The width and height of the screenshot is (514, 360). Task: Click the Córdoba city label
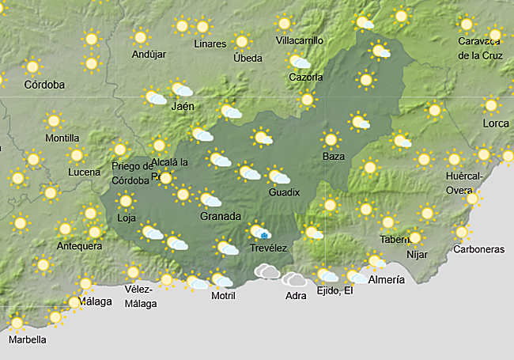[44, 85]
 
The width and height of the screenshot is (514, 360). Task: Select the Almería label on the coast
[386, 280]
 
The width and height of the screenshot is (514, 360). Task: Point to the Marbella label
[28, 339]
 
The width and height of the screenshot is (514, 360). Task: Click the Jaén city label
[183, 106]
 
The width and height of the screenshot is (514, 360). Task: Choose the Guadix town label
[284, 192]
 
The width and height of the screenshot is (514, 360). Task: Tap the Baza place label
[334, 156]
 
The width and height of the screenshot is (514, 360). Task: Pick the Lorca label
[496, 123]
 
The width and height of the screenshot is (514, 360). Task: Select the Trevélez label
[267, 248]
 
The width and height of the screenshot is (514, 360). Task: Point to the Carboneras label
[478, 249]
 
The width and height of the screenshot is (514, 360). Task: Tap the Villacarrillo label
[300, 40]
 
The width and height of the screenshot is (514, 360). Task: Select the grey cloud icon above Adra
[295, 279]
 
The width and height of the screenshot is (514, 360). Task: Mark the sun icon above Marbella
[17, 323]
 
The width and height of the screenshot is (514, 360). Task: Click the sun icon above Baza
[331, 140]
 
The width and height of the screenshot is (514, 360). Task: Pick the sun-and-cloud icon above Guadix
[278, 176]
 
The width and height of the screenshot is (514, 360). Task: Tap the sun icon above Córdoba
[32, 67]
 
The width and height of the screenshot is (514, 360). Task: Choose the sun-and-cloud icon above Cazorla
[299, 61]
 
